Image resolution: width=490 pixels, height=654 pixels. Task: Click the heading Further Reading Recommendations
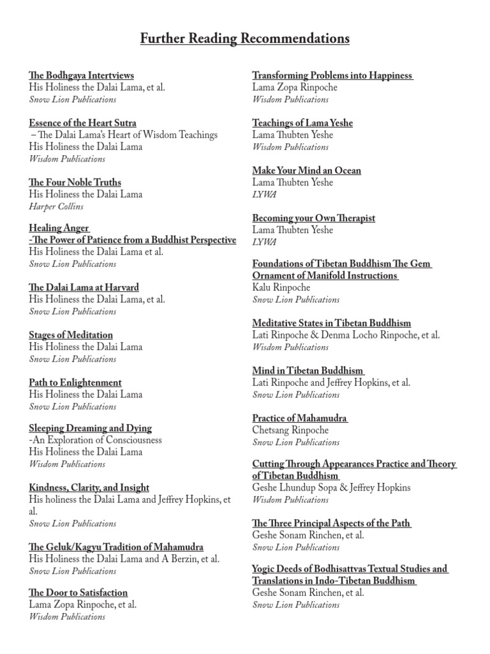[x=245, y=40]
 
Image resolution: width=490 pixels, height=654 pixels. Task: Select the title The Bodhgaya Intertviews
[x=81, y=75]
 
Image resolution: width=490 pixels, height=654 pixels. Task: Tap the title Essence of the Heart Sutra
[x=82, y=123]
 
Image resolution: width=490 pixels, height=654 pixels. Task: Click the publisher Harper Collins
[x=56, y=206]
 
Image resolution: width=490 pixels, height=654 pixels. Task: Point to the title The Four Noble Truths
[x=75, y=183]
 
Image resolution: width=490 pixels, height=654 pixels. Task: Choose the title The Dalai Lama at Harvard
[x=84, y=287]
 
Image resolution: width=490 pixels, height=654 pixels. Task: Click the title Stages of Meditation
[x=71, y=335]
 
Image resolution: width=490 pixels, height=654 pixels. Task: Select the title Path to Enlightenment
[x=75, y=383]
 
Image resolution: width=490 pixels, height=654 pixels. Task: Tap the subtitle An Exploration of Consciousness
[x=96, y=440]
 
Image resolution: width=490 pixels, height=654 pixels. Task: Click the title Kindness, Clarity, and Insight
[x=89, y=487]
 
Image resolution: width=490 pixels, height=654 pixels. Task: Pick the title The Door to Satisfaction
[x=78, y=593]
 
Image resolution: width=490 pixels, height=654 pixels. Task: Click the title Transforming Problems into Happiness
[x=332, y=75]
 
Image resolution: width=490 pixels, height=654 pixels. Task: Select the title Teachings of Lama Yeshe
[x=302, y=123]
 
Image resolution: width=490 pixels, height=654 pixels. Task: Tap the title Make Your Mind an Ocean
[x=306, y=171]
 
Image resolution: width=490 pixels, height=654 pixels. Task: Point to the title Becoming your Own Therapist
[x=313, y=218]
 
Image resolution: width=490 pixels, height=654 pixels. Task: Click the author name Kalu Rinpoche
[x=282, y=287]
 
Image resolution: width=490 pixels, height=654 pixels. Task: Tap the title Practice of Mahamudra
[x=299, y=418]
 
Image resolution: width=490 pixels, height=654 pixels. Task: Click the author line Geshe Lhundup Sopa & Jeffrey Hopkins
[x=331, y=488]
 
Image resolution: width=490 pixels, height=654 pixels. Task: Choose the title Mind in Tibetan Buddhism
[x=308, y=370]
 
